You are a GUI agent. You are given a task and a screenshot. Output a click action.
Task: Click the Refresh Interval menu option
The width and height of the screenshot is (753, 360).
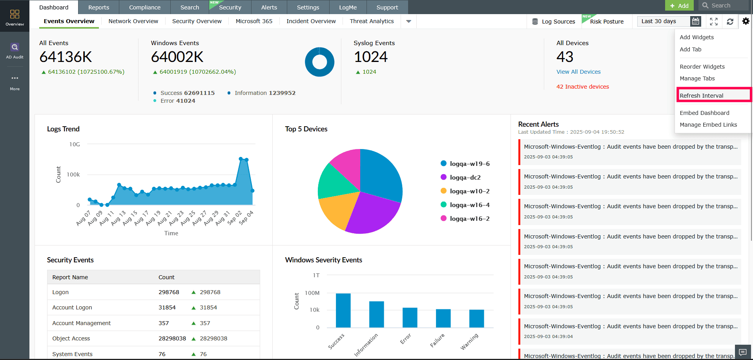point(701,96)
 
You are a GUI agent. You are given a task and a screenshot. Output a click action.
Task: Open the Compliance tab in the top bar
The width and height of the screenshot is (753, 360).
point(145,7)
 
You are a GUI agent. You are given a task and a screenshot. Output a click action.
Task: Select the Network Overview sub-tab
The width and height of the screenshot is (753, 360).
point(133,21)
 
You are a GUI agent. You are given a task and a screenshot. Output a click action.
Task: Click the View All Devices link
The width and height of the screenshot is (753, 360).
point(578,72)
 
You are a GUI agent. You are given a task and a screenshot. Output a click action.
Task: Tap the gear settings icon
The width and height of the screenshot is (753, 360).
point(746,21)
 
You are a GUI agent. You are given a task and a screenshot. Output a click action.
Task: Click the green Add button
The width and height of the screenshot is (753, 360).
point(679,5)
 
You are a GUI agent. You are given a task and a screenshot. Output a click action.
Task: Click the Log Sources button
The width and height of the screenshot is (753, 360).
point(554,22)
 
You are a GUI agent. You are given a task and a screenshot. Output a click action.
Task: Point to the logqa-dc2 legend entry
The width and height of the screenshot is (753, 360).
point(465,177)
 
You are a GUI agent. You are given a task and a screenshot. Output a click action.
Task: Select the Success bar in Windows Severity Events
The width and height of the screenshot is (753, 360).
point(343,310)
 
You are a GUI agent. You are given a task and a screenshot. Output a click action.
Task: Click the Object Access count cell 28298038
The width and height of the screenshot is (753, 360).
point(172,338)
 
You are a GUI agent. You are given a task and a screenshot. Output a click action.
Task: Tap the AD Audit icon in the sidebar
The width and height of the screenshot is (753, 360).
point(15,50)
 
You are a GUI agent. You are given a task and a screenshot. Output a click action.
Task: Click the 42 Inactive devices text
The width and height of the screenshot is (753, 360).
point(583,87)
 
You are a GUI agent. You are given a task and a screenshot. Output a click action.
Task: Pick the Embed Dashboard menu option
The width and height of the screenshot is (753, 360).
point(704,113)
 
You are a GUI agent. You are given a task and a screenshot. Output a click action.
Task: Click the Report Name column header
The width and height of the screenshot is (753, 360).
point(70,277)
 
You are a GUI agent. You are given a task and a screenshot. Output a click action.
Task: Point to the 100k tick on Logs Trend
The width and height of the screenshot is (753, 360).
point(73,175)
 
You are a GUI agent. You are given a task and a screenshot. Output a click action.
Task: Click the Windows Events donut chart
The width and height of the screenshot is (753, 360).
point(319,62)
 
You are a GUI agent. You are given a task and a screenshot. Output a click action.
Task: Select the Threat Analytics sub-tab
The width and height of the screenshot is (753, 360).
point(372,21)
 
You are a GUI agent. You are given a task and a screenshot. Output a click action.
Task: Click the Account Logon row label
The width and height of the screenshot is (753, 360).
point(72,307)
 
